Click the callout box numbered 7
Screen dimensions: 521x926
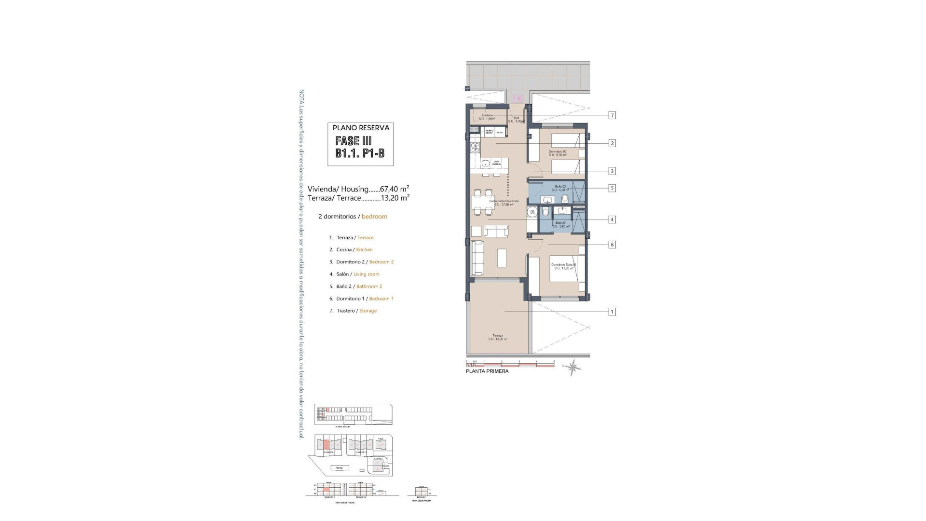click(612, 115)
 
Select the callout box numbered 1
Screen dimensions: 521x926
click(612, 312)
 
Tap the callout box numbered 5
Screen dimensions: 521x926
click(612, 188)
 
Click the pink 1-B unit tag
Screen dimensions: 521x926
click(517, 98)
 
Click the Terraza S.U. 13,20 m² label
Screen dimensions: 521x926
click(497, 337)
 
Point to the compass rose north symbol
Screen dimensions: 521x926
click(573, 368)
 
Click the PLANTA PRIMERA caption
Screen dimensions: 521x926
click(487, 371)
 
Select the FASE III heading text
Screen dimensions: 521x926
click(354, 141)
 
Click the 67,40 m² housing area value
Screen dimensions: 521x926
click(395, 189)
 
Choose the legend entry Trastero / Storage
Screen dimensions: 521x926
click(356, 311)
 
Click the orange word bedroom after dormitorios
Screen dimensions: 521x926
click(374, 217)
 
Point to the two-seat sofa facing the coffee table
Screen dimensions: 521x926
click(496, 232)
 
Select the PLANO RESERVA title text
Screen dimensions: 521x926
click(361, 128)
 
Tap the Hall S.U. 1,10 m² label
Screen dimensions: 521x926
click(516, 120)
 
